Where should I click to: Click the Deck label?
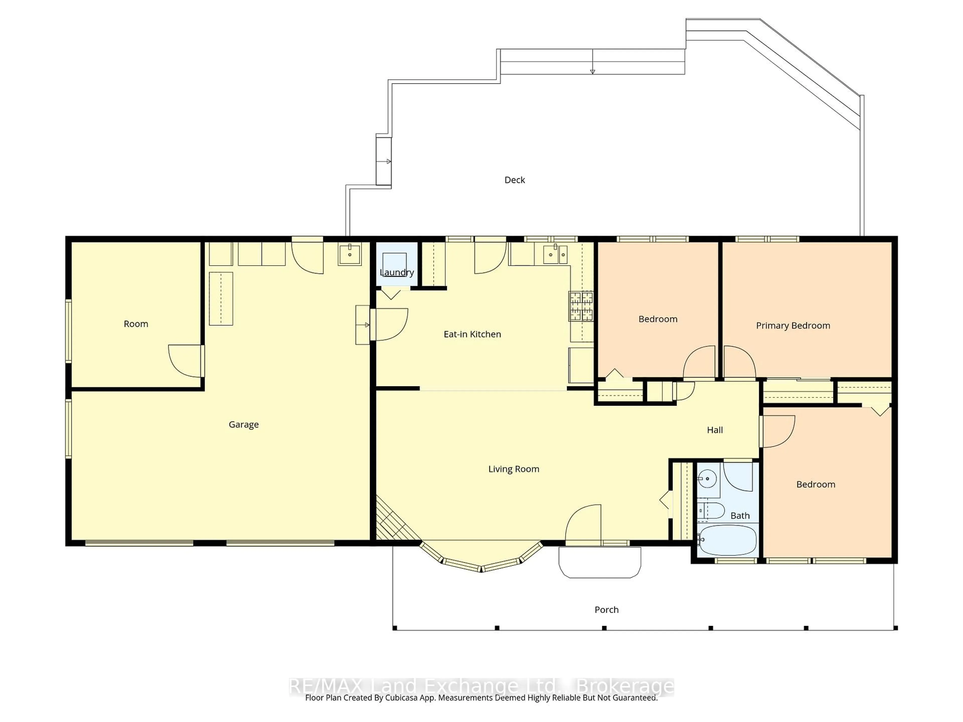point(515,180)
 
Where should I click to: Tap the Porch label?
point(606,610)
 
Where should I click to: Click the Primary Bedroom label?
point(793,326)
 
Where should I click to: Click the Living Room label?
point(514,469)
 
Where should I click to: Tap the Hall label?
point(714,430)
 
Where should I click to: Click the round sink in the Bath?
point(708,479)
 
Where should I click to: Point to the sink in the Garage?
point(350,254)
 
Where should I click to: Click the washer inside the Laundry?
point(394,264)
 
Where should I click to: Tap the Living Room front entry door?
point(583,524)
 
